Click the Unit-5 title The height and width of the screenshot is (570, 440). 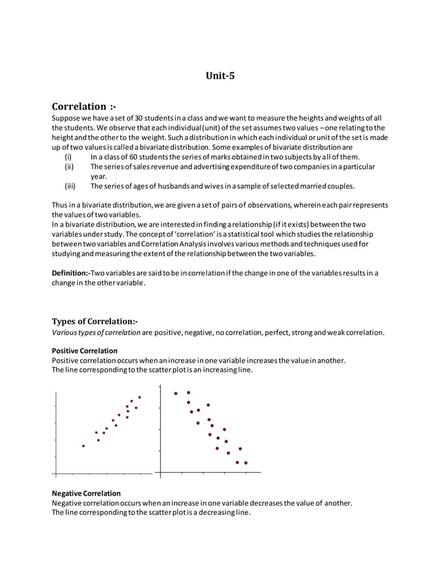click(x=221, y=76)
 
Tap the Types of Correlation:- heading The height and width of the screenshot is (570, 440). click(x=94, y=321)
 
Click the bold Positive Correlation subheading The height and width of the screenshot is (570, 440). click(x=85, y=351)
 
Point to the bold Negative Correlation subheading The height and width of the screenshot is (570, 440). click(x=86, y=493)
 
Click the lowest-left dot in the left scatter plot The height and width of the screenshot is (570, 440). click(x=83, y=446)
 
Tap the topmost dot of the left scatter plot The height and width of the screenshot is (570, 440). click(x=139, y=397)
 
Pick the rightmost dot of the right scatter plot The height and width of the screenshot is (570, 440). click(x=246, y=462)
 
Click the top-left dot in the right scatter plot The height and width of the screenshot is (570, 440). click(x=176, y=393)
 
